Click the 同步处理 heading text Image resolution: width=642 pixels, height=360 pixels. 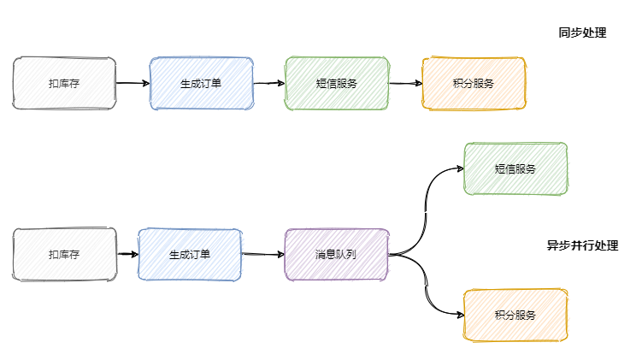coord(581,33)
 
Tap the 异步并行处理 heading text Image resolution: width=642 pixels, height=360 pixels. coord(582,245)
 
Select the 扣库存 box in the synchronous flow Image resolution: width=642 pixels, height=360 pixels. coord(64,84)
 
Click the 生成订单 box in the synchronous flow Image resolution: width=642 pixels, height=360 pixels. coord(201,84)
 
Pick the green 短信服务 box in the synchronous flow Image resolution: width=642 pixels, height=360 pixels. coord(337,84)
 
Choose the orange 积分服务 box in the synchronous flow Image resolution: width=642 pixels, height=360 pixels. coord(473,84)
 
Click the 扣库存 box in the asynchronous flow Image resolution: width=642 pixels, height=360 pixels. coord(64,255)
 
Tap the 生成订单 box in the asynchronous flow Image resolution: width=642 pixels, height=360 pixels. coord(190,255)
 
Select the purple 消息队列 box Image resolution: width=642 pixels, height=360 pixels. coord(336,255)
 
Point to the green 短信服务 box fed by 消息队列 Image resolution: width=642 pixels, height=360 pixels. coord(515,169)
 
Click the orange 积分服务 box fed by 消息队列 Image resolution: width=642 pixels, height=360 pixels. coord(515,316)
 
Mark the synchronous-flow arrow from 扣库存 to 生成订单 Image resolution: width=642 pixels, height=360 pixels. coord(133,84)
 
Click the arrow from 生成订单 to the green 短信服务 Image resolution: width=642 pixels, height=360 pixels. coord(269,84)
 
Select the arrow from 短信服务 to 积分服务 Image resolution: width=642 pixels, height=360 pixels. coord(405,84)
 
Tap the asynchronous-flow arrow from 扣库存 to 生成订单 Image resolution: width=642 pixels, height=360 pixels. coord(127,255)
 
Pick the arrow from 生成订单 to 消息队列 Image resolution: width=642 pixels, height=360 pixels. coord(262,255)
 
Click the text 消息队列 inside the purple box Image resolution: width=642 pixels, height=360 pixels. coord(336,255)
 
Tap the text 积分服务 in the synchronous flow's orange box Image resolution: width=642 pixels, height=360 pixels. coord(473,84)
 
